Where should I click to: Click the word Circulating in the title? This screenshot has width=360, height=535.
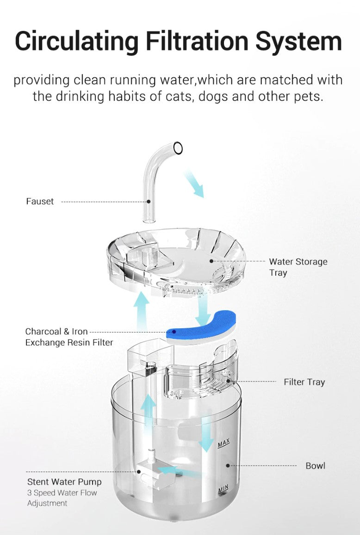point(77,42)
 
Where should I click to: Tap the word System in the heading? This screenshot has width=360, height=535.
point(298,42)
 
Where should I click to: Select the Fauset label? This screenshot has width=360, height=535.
point(40,201)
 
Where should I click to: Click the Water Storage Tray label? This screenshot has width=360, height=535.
point(298,267)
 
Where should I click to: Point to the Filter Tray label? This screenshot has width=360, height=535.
point(304,382)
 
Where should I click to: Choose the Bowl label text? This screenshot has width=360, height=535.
point(315,466)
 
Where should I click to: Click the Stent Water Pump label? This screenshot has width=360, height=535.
point(65,482)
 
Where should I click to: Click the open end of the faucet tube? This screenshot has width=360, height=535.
point(178,148)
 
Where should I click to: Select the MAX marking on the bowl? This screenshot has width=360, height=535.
point(223,443)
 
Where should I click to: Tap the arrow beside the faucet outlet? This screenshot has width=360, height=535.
point(194,184)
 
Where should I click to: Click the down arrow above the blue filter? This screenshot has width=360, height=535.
point(203,310)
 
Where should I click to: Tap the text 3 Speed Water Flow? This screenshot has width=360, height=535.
point(62,493)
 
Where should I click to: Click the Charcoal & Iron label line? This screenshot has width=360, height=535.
point(56,331)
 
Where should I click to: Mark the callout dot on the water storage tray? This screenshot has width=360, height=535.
point(211,261)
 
